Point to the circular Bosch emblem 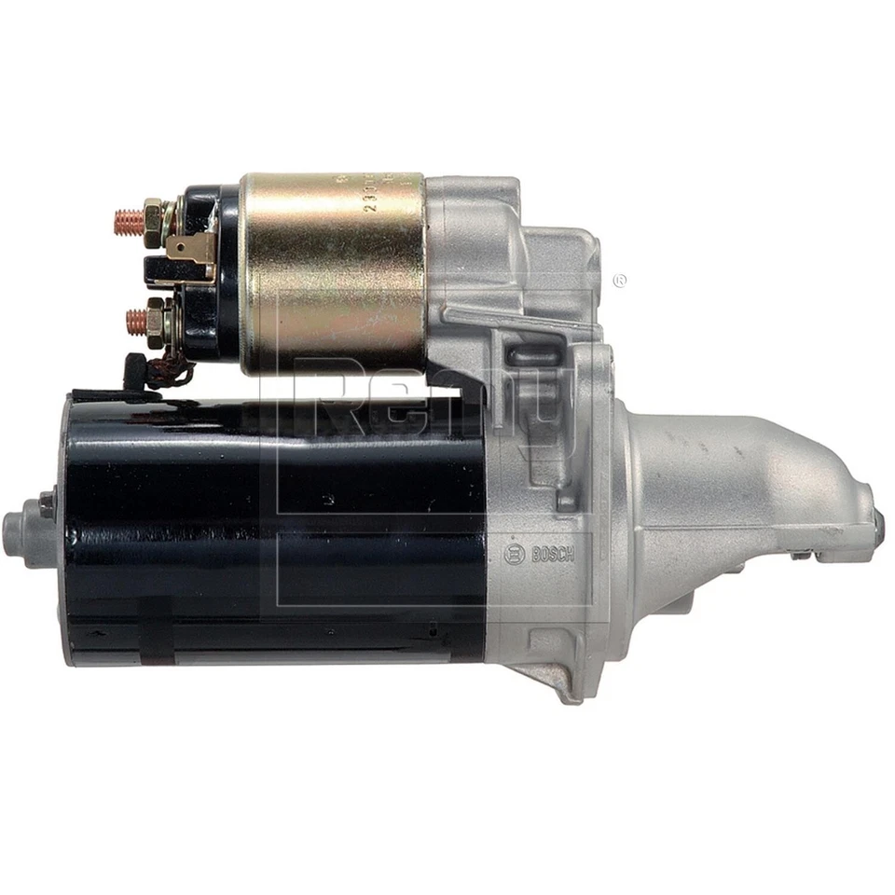[514, 554]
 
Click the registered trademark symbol [618, 280]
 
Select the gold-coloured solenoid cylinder [333, 271]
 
